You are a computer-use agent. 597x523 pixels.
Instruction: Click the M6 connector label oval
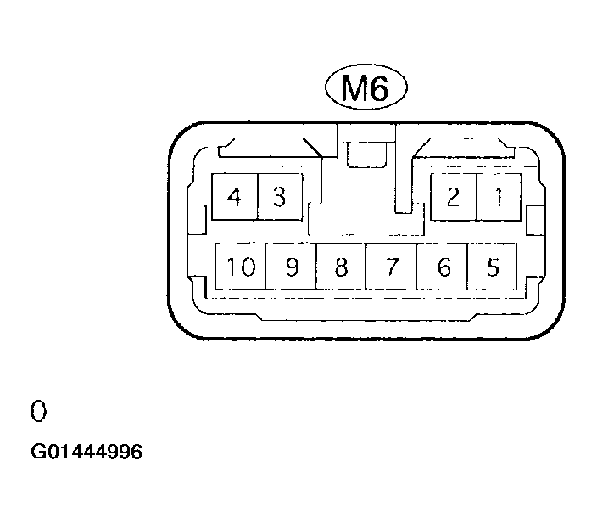[x=365, y=87]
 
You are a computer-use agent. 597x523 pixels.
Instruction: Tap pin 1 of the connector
[x=499, y=197]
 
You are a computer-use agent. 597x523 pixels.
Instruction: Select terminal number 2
[x=453, y=197]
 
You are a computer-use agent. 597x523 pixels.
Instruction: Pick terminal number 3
[x=280, y=197]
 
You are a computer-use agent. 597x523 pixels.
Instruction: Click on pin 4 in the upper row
[x=235, y=197]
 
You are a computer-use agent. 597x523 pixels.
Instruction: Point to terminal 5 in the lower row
[x=492, y=267]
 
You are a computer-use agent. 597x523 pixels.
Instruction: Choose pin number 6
[x=442, y=267]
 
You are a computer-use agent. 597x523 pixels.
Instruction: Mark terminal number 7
[x=391, y=267]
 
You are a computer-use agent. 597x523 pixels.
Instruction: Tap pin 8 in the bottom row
[x=341, y=267]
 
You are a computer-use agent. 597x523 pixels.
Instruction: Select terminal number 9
[x=291, y=267]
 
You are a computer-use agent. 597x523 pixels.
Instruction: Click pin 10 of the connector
[x=240, y=267]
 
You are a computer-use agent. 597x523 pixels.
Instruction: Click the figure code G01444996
[x=86, y=452]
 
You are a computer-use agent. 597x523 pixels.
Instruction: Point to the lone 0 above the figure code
[x=38, y=411]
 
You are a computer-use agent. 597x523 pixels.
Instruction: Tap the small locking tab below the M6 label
[x=366, y=155]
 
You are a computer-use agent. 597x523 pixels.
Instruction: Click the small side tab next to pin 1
[x=535, y=221]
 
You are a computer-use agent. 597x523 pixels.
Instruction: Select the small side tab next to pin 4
[x=198, y=220]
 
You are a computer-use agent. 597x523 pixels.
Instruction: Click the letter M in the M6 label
[x=354, y=87]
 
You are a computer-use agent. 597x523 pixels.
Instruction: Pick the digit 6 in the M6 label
[x=378, y=87]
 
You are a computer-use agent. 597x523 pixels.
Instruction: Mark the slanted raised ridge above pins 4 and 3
[x=271, y=148]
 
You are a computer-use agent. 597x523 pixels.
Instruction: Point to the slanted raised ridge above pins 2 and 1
[x=463, y=148]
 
